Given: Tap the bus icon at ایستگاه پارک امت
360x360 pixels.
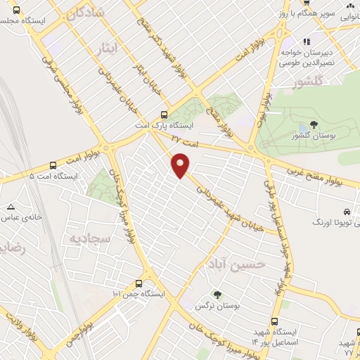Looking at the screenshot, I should [164, 115].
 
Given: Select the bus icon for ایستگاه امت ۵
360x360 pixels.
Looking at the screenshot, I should [53, 166].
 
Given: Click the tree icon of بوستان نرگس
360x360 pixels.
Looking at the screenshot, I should [217, 295].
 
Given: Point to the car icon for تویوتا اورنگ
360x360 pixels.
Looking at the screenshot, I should [347, 212].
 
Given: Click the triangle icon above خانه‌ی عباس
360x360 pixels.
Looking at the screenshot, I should [11, 207].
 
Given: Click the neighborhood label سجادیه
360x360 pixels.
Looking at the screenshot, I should [89, 238].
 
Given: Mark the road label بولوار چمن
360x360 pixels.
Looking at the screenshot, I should [80, 337].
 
